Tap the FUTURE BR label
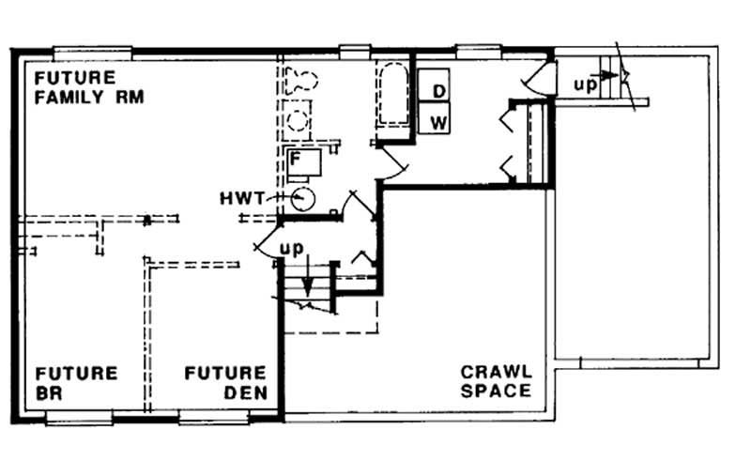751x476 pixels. click(77, 382)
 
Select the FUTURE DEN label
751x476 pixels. click(225, 382)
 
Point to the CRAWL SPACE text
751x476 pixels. click(497, 380)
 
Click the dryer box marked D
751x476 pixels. click(437, 90)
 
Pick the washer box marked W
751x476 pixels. click(437, 121)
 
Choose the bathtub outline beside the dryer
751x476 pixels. click(392, 96)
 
